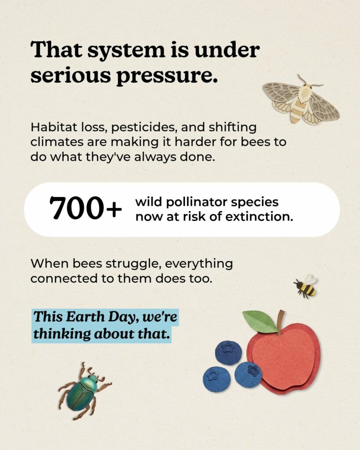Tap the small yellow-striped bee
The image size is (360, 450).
tap(305, 287)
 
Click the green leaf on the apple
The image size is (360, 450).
tap(260, 322)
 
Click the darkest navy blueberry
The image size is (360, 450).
tap(229, 353)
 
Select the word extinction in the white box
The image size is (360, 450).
tap(259, 217)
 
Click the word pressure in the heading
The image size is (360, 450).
tap(167, 76)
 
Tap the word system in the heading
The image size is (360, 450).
tap(126, 50)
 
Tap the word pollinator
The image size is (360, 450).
tap(197, 202)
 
